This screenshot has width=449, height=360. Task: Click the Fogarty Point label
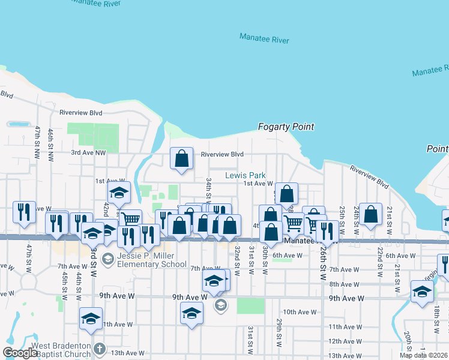(286, 127)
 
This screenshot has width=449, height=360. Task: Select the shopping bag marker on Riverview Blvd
(181, 158)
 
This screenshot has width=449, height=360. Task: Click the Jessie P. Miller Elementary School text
(153, 259)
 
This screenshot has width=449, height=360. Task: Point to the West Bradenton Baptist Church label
(61, 347)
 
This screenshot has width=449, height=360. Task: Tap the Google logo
(20, 353)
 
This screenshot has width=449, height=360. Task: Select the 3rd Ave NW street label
(88, 153)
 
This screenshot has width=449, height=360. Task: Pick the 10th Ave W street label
(300, 312)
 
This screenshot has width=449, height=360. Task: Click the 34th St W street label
(208, 188)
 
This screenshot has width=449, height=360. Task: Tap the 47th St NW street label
(37, 137)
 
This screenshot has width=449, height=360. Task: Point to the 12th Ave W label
(344, 341)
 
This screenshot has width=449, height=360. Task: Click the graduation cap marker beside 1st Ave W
(119, 193)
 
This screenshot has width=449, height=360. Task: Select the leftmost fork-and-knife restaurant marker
(24, 212)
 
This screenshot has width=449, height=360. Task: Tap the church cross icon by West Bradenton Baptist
(100, 347)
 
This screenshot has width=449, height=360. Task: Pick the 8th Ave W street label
(344, 284)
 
